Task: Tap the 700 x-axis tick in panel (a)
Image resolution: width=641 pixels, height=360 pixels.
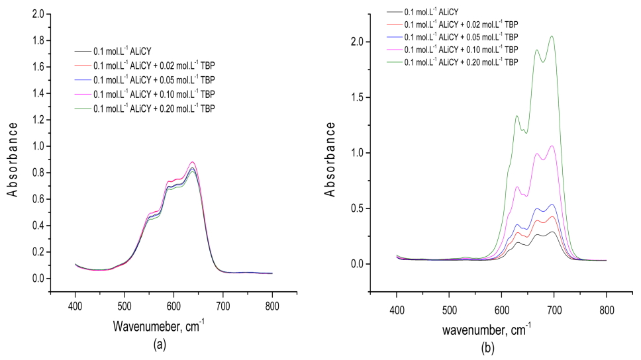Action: [x=223, y=306]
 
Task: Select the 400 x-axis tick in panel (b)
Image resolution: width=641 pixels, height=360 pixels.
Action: [x=397, y=310]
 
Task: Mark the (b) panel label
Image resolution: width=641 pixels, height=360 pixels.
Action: [x=489, y=347]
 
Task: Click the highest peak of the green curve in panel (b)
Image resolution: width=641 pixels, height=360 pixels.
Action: [x=552, y=36]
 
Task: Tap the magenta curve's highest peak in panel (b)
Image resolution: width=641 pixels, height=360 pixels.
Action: [x=552, y=146]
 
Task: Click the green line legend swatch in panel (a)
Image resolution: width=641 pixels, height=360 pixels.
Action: [x=83, y=108]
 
